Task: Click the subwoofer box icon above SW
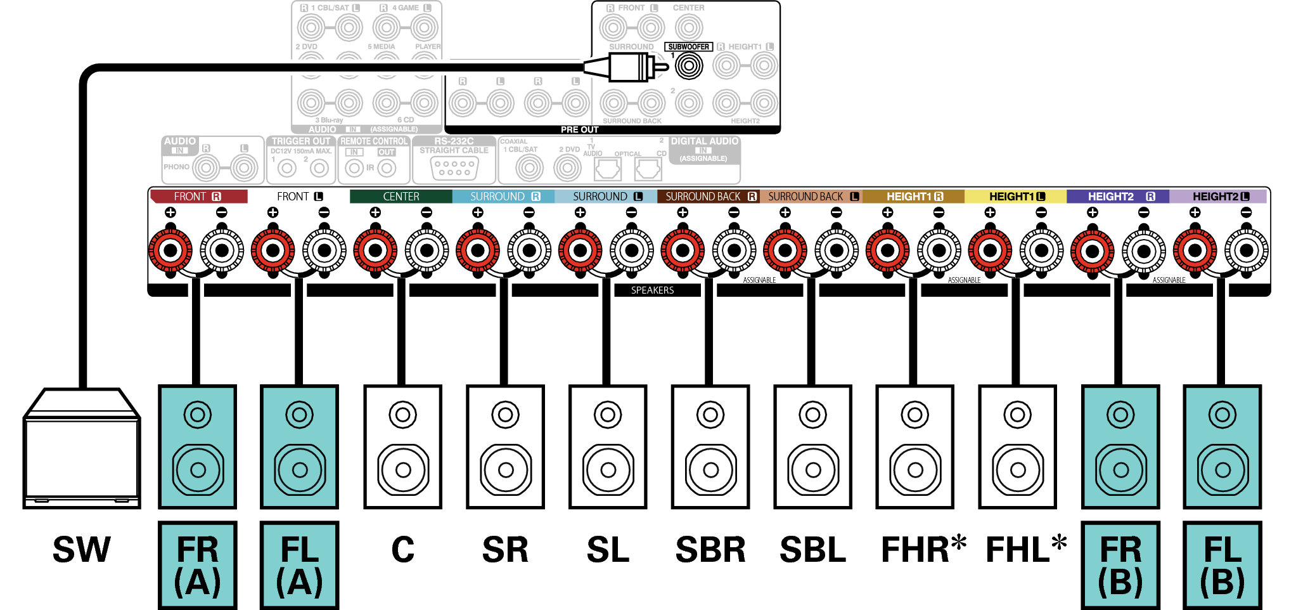tap(81, 450)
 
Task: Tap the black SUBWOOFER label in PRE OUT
tap(688, 47)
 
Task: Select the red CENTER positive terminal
tap(375, 250)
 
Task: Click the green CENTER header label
tap(401, 197)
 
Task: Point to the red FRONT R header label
tap(198, 197)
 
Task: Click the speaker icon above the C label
tap(402, 447)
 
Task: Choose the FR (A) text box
tap(197, 565)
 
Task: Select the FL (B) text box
tap(1222, 565)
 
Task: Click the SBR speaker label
tap(710, 550)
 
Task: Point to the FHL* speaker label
tap(1025, 548)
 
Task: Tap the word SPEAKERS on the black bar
tap(652, 290)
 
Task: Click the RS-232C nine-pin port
tap(454, 168)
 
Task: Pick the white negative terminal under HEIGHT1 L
tap(1041, 250)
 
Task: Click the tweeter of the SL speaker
tap(608, 415)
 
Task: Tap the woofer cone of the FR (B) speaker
tap(1120, 470)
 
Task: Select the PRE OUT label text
tap(579, 129)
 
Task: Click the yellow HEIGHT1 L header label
tap(1017, 197)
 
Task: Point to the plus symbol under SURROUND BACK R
tap(683, 212)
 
